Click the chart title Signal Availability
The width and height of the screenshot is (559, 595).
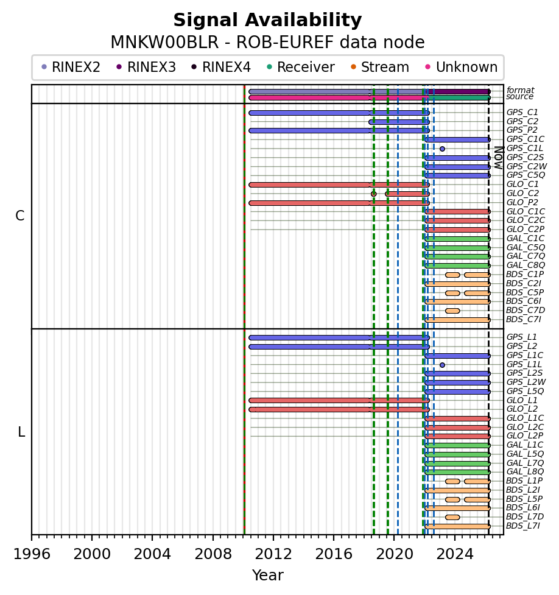click(267, 21)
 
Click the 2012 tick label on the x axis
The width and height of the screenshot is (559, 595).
click(273, 555)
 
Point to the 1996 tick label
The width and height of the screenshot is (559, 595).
click(32, 555)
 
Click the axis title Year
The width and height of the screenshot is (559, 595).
click(267, 576)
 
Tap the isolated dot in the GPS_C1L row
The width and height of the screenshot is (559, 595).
click(442, 149)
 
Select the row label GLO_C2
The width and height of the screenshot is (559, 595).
click(522, 194)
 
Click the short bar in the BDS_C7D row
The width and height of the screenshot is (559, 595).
click(452, 311)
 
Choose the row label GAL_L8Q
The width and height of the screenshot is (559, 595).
click(525, 472)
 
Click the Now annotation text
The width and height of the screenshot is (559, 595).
click(498, 157)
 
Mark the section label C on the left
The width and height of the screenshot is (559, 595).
click(20, 216)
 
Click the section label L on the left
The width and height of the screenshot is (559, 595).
click(21, 432)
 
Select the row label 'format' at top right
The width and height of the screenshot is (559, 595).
click(520, 90)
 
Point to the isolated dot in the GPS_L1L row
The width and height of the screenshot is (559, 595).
click(442, 365)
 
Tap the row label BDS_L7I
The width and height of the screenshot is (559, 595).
click(523, 526)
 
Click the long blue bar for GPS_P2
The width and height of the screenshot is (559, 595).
click(339, 130)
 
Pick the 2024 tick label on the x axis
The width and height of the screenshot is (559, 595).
click(455, 555)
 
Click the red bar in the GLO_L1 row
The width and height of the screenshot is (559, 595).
click(339, 400)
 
